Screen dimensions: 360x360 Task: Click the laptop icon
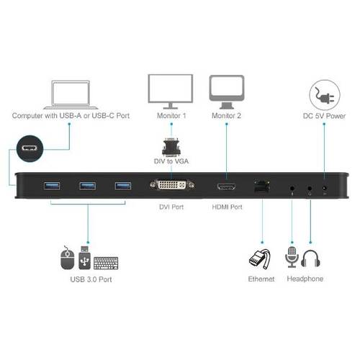tap(71, 95)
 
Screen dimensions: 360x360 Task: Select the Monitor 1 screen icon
tap(171, 91)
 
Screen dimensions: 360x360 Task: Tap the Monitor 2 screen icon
tap(227, 92)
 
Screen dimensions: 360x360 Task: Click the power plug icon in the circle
tap(325, 95)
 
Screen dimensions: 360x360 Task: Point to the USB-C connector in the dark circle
tap(30, 148)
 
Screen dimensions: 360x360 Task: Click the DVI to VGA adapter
tap(171, 147)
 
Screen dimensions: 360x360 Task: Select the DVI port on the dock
tap(172, 185)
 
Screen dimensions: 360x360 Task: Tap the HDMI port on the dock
tap(226, 186)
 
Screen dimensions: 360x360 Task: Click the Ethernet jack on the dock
tap(262, 186)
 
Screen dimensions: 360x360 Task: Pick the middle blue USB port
tap(88, 186)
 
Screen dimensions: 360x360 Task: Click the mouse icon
tap(67, 258)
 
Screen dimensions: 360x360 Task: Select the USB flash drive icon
tap(84, 258)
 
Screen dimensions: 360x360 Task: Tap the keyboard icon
tap(106, 263)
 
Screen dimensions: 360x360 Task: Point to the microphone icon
tap(292, 257)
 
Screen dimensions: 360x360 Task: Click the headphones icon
tap(310, 258)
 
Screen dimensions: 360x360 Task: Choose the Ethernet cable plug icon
tap(260, 259)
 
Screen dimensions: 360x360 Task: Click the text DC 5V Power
tap(324, 116)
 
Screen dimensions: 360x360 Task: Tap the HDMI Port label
tap(227, 207)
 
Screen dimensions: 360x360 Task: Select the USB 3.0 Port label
tap(91, 279)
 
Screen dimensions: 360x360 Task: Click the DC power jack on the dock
tap(325, 188)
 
